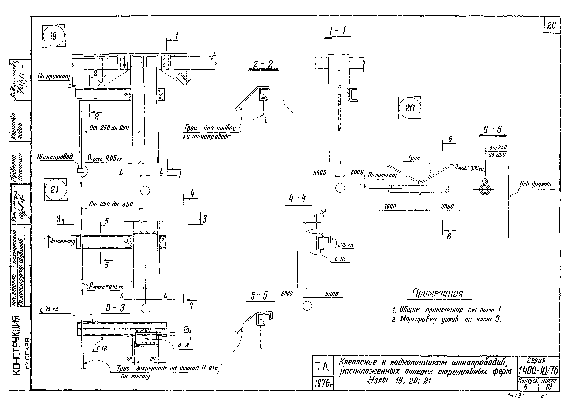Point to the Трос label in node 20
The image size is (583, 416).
pos(414,158)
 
